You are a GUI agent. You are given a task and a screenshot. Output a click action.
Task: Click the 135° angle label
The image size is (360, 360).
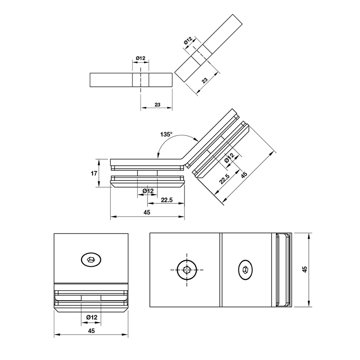click(x=166, y=134)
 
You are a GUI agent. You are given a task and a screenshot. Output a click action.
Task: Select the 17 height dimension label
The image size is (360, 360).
click(x=94, y=173)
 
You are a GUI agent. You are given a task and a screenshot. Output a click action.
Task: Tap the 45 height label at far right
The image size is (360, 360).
click(x=305, y=269)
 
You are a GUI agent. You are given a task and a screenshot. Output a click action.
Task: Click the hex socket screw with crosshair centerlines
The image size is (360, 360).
click(x=187, y=270)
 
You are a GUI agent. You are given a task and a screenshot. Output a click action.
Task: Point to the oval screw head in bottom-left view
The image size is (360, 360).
click(x=91, y=260)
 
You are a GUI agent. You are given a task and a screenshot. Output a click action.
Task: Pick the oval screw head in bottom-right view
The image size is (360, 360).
click(x=245, y=270)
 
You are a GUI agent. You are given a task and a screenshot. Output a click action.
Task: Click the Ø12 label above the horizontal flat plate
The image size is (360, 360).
click(x=140, y=58)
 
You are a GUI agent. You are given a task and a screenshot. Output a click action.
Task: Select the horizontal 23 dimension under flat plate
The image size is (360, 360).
click(x=157, y=105)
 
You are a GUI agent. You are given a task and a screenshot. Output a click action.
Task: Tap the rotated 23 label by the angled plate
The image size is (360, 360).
click(x=205, y=80)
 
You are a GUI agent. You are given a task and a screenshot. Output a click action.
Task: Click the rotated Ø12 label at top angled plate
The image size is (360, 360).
click(x=188, y=41)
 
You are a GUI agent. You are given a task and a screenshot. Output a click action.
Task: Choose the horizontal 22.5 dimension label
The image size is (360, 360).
click(x=166, y=200)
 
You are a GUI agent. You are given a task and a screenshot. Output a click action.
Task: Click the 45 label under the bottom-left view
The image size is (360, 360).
click(x=91, y=331)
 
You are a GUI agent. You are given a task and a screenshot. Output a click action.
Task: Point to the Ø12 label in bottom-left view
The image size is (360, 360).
click(x=92, y=317)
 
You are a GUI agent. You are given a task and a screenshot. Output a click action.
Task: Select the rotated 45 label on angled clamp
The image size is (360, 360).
click(x=244, y=175)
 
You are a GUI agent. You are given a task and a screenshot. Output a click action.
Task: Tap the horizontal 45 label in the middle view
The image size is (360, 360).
click(x=147, y=212)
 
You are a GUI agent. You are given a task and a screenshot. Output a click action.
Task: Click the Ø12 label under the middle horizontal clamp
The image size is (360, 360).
click(x=148, y=191)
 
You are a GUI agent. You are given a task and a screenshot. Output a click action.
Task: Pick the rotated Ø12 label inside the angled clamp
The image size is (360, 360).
click(x=229, y=158)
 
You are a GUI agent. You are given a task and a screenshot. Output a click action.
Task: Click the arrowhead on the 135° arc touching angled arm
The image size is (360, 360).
click(x=196, y=139)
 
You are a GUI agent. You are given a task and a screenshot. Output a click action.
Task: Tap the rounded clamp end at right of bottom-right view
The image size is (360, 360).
click(x=283, y=270)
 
